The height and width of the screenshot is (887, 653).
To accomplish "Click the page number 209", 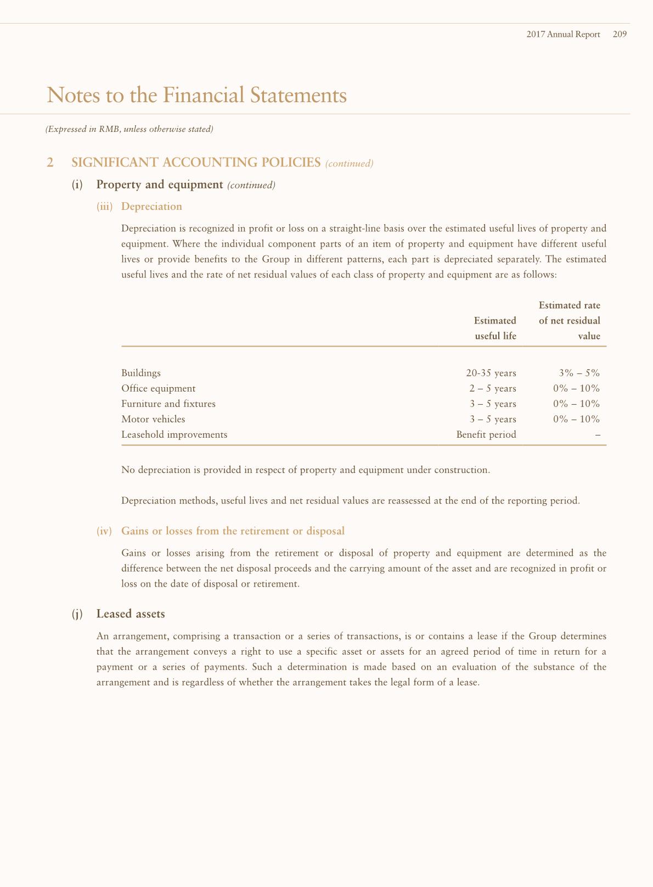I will tap(620, 34).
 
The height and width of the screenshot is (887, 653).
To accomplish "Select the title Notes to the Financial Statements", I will tap(197, 95).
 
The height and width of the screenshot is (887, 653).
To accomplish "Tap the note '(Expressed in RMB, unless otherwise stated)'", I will tap(129, 130).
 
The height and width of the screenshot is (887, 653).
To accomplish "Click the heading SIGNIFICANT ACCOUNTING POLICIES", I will tap(196, 163).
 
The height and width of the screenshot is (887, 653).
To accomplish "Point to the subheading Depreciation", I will tap(151, 207).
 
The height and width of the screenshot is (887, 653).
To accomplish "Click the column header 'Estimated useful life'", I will tap(495, 328).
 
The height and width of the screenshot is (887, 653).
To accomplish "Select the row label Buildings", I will tap(141, 373).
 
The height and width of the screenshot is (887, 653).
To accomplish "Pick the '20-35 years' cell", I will tap(491, 373).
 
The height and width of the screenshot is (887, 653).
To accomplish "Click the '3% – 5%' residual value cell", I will tap(579, 373).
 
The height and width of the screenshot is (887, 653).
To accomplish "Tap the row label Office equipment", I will tap(158, 388).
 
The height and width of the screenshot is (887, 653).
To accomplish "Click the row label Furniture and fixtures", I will tap(168, 404).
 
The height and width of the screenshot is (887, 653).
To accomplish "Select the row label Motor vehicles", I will tap(153, 419).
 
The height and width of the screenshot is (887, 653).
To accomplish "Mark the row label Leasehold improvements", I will tap(174, 434).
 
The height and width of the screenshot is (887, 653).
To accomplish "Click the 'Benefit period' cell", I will tap(486, 434).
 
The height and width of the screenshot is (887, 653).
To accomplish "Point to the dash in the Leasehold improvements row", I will tap(598, 435).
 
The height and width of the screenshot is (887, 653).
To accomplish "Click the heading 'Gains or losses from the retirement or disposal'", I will tap(233, 531).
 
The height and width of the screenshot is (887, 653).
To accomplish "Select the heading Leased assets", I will tap(131, 613).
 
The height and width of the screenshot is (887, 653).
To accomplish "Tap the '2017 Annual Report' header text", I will tap(563, 34).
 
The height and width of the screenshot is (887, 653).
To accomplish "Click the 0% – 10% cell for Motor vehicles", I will tap(577, 419).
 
